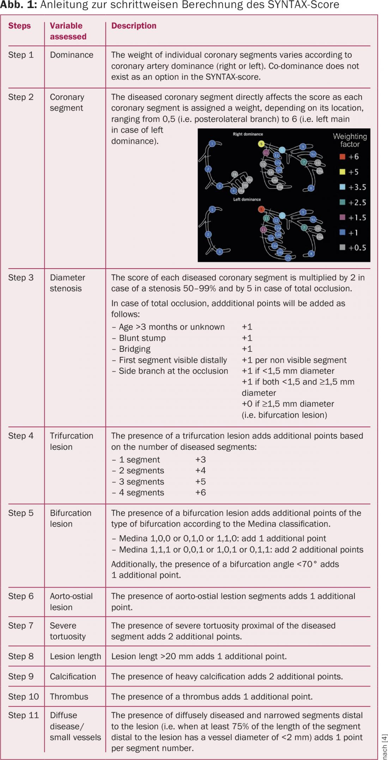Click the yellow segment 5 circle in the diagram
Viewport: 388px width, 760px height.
tap(261, 143)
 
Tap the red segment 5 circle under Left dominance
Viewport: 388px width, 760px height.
tap(261, 209)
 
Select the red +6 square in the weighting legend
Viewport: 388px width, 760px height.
tap(342, 157)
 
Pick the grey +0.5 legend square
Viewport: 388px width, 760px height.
tap(342, 247)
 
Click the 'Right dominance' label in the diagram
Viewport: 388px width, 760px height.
tap(248, 134)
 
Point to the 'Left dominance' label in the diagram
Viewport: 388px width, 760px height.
tap(247, 199)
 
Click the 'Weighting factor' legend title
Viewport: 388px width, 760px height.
tap(350, 140)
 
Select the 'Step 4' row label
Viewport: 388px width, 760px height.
tap(21, 436)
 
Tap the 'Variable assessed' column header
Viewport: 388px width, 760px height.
tap(68, 31)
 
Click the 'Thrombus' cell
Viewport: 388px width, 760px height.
tap(69, 697)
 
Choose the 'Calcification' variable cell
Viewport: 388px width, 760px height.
tap(73, 676)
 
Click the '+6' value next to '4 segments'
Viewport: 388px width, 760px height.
tap(200, 492)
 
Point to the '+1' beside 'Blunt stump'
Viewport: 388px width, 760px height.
tap(247, 338)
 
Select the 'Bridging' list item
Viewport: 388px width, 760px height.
tap(134, 349)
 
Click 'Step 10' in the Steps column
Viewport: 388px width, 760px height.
tap(23, 697)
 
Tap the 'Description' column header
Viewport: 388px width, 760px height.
tap(134, 26)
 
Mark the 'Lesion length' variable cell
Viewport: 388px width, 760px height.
tap(75, 656)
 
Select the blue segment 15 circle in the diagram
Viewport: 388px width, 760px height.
tap(288, 258)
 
